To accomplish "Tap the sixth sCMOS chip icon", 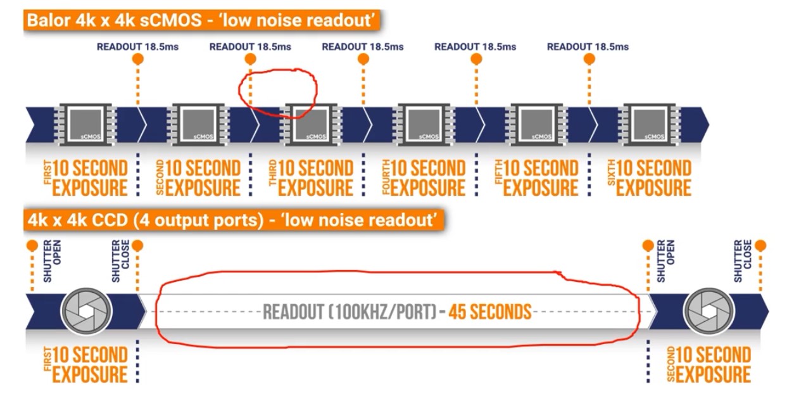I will (x=649, y=122).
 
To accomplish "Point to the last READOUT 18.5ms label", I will (x=588, y=47).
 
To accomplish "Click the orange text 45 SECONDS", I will (x=489, y=312).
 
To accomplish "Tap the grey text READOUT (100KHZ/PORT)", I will (x=349, y=312).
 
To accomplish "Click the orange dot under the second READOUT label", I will (x=251, y=60).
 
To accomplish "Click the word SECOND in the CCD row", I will (x=671, y=365).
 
